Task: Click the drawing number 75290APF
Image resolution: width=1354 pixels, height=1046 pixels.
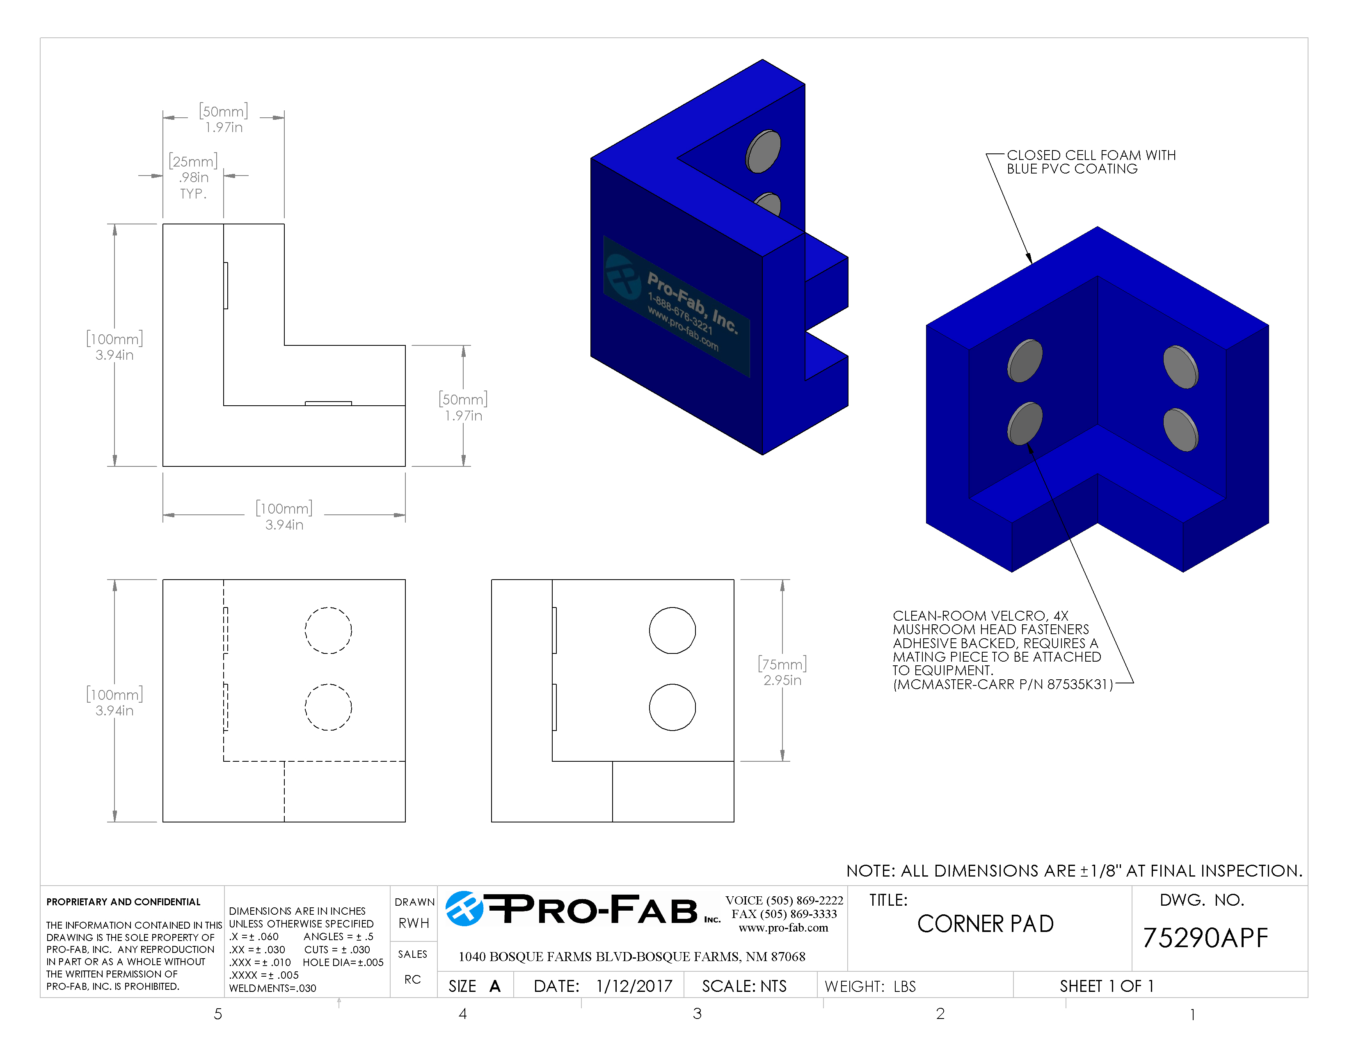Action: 1205,938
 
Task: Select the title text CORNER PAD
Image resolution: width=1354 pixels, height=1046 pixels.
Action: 985,924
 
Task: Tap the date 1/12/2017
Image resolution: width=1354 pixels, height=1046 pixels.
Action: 634,986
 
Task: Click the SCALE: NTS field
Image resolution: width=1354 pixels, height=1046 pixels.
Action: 744,986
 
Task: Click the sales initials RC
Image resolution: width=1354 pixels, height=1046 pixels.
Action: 412,979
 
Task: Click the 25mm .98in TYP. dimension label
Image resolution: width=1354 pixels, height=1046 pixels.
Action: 193,177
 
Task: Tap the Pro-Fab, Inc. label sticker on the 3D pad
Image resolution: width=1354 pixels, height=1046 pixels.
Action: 677,306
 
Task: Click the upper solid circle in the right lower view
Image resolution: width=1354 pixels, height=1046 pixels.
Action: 672,630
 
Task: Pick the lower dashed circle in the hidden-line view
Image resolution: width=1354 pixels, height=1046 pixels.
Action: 328,707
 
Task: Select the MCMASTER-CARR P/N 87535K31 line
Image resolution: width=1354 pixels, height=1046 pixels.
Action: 1002,684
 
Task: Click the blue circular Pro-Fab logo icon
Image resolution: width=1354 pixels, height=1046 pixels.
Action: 464,909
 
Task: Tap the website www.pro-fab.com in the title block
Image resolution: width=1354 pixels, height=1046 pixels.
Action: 783,927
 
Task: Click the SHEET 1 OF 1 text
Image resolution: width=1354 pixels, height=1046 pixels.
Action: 1106,986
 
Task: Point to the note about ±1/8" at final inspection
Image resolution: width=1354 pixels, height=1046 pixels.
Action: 1074,870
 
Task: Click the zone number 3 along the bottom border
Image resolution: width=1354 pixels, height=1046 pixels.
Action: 697,1014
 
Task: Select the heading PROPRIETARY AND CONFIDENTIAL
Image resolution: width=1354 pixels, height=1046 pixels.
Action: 124,902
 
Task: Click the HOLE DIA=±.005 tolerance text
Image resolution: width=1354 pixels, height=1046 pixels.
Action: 343,962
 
